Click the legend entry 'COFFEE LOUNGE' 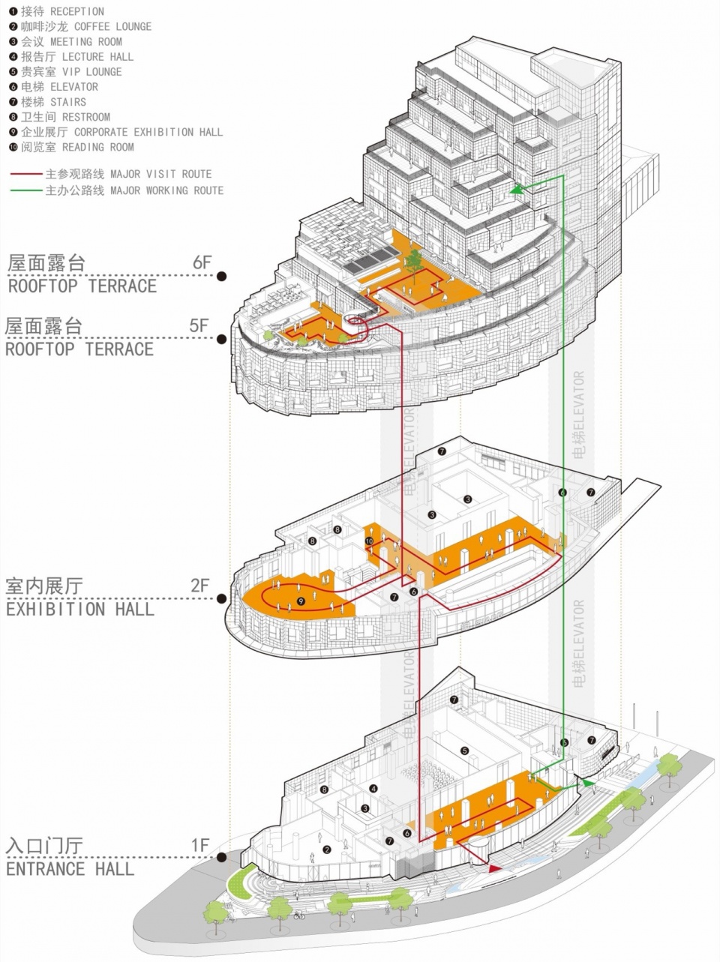click(x=112, y=26)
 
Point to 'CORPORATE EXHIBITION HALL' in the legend click(x=148, y=132)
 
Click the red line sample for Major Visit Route click(x=26, y=174)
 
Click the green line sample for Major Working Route click(x=26, y=190)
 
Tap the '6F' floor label click(x=202, y=262)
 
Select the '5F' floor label click(x=199, y=325)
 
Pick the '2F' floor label click(x=199, y=586)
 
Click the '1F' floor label click(x=199, y=846)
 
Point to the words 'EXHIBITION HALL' click(x=80, y=609)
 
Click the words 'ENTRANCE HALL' click(x=70, y=869)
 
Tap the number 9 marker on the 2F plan click(x=301, y=601)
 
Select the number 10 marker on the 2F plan click(x=369, y=541)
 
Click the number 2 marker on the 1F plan click(x=327, y=850)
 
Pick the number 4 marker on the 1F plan click(x=373, y=789)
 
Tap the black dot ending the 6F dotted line click(x=222, y=276)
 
